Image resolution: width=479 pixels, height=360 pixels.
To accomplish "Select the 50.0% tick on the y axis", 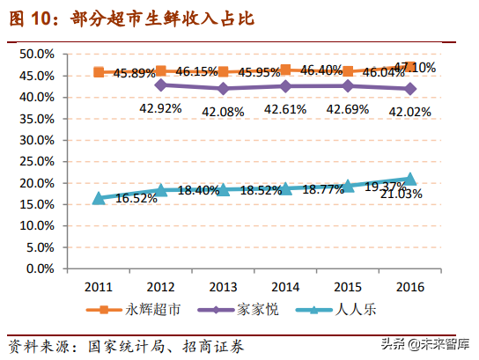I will tap(37, 54).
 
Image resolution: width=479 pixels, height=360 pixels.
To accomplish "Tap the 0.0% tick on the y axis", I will tap(41, 268).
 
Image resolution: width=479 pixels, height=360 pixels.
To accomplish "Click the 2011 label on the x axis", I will tap(98, 287).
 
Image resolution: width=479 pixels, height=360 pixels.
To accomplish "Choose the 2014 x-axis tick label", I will tap(285, 287).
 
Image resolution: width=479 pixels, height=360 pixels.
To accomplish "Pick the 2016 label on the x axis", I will tap(410, 287).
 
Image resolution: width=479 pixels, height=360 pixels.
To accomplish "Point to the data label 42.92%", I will tap(160, 108).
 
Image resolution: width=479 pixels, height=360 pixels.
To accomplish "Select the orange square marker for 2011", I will tap(99, 72).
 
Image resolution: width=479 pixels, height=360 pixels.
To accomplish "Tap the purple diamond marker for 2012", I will tap(160, 85).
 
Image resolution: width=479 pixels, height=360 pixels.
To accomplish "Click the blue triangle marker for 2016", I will tap(409, 179).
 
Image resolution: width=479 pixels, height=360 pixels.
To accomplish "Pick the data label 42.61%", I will tap(285, 108).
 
